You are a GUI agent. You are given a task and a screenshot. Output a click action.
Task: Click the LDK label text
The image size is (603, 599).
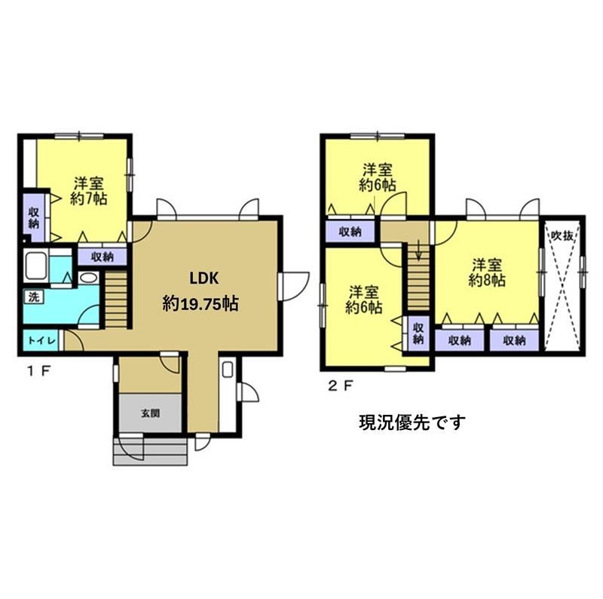click(204, 278)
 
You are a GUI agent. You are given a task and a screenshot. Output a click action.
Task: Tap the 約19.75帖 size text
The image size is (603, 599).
click(200, 304)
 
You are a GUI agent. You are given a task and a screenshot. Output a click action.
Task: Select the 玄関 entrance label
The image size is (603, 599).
click(150, 413)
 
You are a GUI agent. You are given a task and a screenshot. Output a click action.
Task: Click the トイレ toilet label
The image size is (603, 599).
click(42, 341)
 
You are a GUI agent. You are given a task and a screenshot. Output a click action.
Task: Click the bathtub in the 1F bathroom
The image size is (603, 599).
click(36, 266)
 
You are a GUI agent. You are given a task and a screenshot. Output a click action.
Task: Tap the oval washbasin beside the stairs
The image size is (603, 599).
click(89, 278)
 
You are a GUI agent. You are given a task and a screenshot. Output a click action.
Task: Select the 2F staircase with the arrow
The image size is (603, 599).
click(418, 277)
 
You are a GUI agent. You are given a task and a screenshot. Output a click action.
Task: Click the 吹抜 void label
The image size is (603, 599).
click(562, 235)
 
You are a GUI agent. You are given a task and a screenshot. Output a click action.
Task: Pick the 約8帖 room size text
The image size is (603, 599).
click(486, 280)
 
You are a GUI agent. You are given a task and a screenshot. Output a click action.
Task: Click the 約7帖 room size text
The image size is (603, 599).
click(88, 198)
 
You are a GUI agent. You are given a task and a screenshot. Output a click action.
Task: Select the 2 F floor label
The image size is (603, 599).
click(341, 386)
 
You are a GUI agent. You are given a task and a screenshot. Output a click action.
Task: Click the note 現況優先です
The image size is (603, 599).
click(412, 422)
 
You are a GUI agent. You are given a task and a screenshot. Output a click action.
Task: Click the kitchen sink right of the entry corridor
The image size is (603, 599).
click(228, 370)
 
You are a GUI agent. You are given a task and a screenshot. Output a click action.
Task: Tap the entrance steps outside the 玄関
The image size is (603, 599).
click(150, 451)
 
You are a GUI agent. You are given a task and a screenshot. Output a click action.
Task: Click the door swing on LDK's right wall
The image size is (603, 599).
click(295, 287)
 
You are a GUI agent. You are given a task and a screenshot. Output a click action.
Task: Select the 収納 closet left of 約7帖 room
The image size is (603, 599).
click(34, 217)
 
